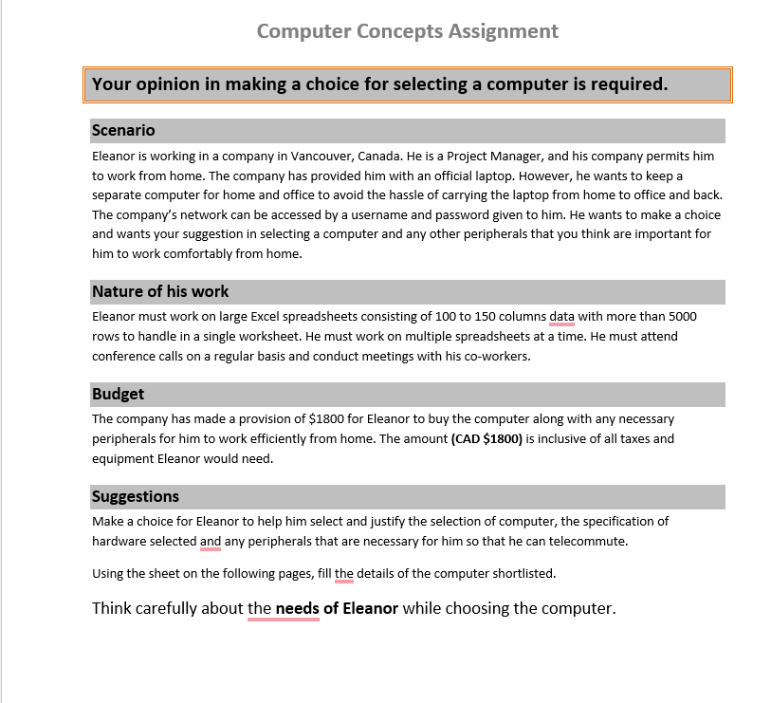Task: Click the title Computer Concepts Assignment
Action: (407, 31)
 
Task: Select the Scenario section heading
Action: (123, 130)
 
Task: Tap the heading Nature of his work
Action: (160, 291)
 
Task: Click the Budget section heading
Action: (118, 394)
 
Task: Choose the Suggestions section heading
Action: (135, 496)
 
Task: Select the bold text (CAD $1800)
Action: (486, 438)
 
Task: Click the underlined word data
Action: (561, 316)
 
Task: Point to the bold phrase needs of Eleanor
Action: (337, 608)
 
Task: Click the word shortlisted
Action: (523, 573)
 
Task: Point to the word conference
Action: (122, 356)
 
